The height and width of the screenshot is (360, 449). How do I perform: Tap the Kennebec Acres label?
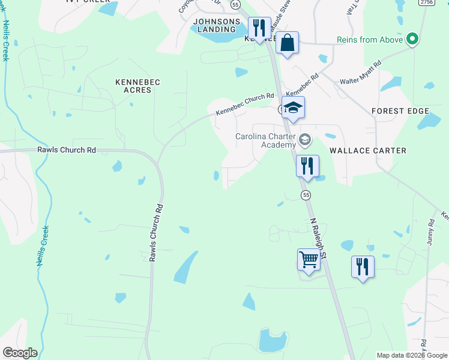tap(133, 85)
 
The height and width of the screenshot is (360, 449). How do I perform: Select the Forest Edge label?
tap(400, 111)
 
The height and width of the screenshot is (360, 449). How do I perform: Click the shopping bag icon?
tap(288, 43)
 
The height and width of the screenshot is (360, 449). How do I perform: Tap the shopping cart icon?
tap(309, 260)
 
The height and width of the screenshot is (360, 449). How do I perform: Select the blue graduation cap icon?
tap(294, 108)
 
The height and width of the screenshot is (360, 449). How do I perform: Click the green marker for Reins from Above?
tap(412, 40)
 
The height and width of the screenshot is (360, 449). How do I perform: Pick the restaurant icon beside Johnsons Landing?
tap(259, 28)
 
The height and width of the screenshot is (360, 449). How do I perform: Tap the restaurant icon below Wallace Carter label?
tap(307, 166)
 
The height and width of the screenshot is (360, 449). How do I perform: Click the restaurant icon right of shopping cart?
tap(363, 266)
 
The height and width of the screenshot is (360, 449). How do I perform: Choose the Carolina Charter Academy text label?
tap(265, 140)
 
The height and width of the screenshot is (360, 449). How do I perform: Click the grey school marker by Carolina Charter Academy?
tap(305, 140)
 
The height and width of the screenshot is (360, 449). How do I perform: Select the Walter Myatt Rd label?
tap(361, 71)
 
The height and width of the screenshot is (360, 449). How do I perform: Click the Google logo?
tap(20, 353)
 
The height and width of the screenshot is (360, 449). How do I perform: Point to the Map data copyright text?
tap(412, 355)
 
